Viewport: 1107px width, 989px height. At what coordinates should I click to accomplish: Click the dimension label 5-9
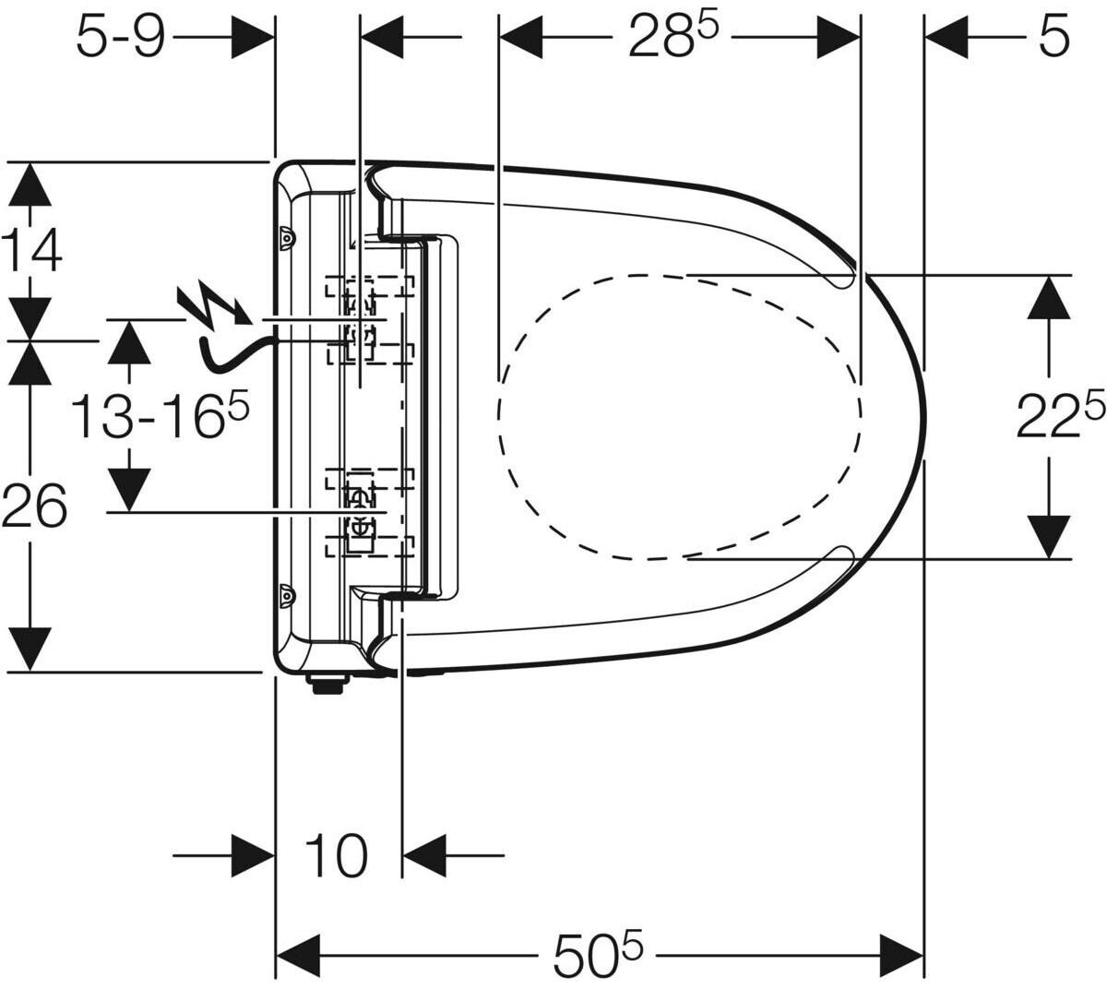coord(120,38)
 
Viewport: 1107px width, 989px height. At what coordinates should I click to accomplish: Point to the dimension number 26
coord(34,506)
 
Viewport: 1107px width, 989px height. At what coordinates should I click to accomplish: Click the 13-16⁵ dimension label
coord(159,415)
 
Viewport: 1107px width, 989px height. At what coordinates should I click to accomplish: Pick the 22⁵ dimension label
coord(1061,415)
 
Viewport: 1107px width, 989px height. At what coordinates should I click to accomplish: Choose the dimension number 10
coord(336,855)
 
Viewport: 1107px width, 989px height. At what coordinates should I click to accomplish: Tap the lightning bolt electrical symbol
coord(215,306)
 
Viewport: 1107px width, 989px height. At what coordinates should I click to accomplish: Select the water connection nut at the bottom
coord(328,684)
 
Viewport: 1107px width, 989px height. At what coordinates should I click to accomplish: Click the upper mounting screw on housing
coord(285,238)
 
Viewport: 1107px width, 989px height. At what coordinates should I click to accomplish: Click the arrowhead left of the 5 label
coord(946,37)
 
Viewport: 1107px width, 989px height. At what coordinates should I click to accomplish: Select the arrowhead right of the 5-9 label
coord(253,37)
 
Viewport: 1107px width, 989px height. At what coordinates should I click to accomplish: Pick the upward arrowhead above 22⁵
coord(1049,297)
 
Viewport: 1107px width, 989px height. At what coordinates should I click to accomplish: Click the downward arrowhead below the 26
coord(30,649)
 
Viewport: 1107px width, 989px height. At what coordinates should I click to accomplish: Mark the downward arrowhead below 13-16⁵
coord(129,490)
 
